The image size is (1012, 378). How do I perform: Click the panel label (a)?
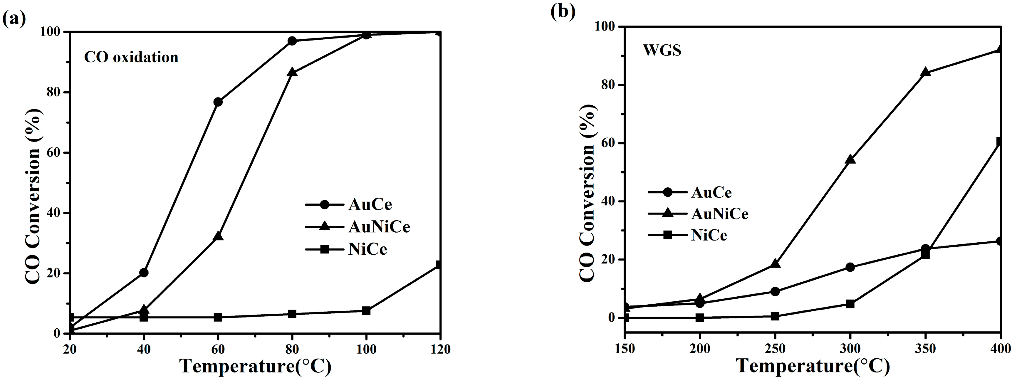pos(14,19)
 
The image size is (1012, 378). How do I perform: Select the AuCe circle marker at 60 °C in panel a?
pos(218,102)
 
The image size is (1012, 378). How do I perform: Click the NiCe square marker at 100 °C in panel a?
pos(366,311)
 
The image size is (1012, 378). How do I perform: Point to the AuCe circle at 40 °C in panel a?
pos(144,273)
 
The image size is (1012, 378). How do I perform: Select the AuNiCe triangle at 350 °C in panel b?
pos(925,72)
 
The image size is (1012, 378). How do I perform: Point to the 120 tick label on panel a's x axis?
pos(440,349)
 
